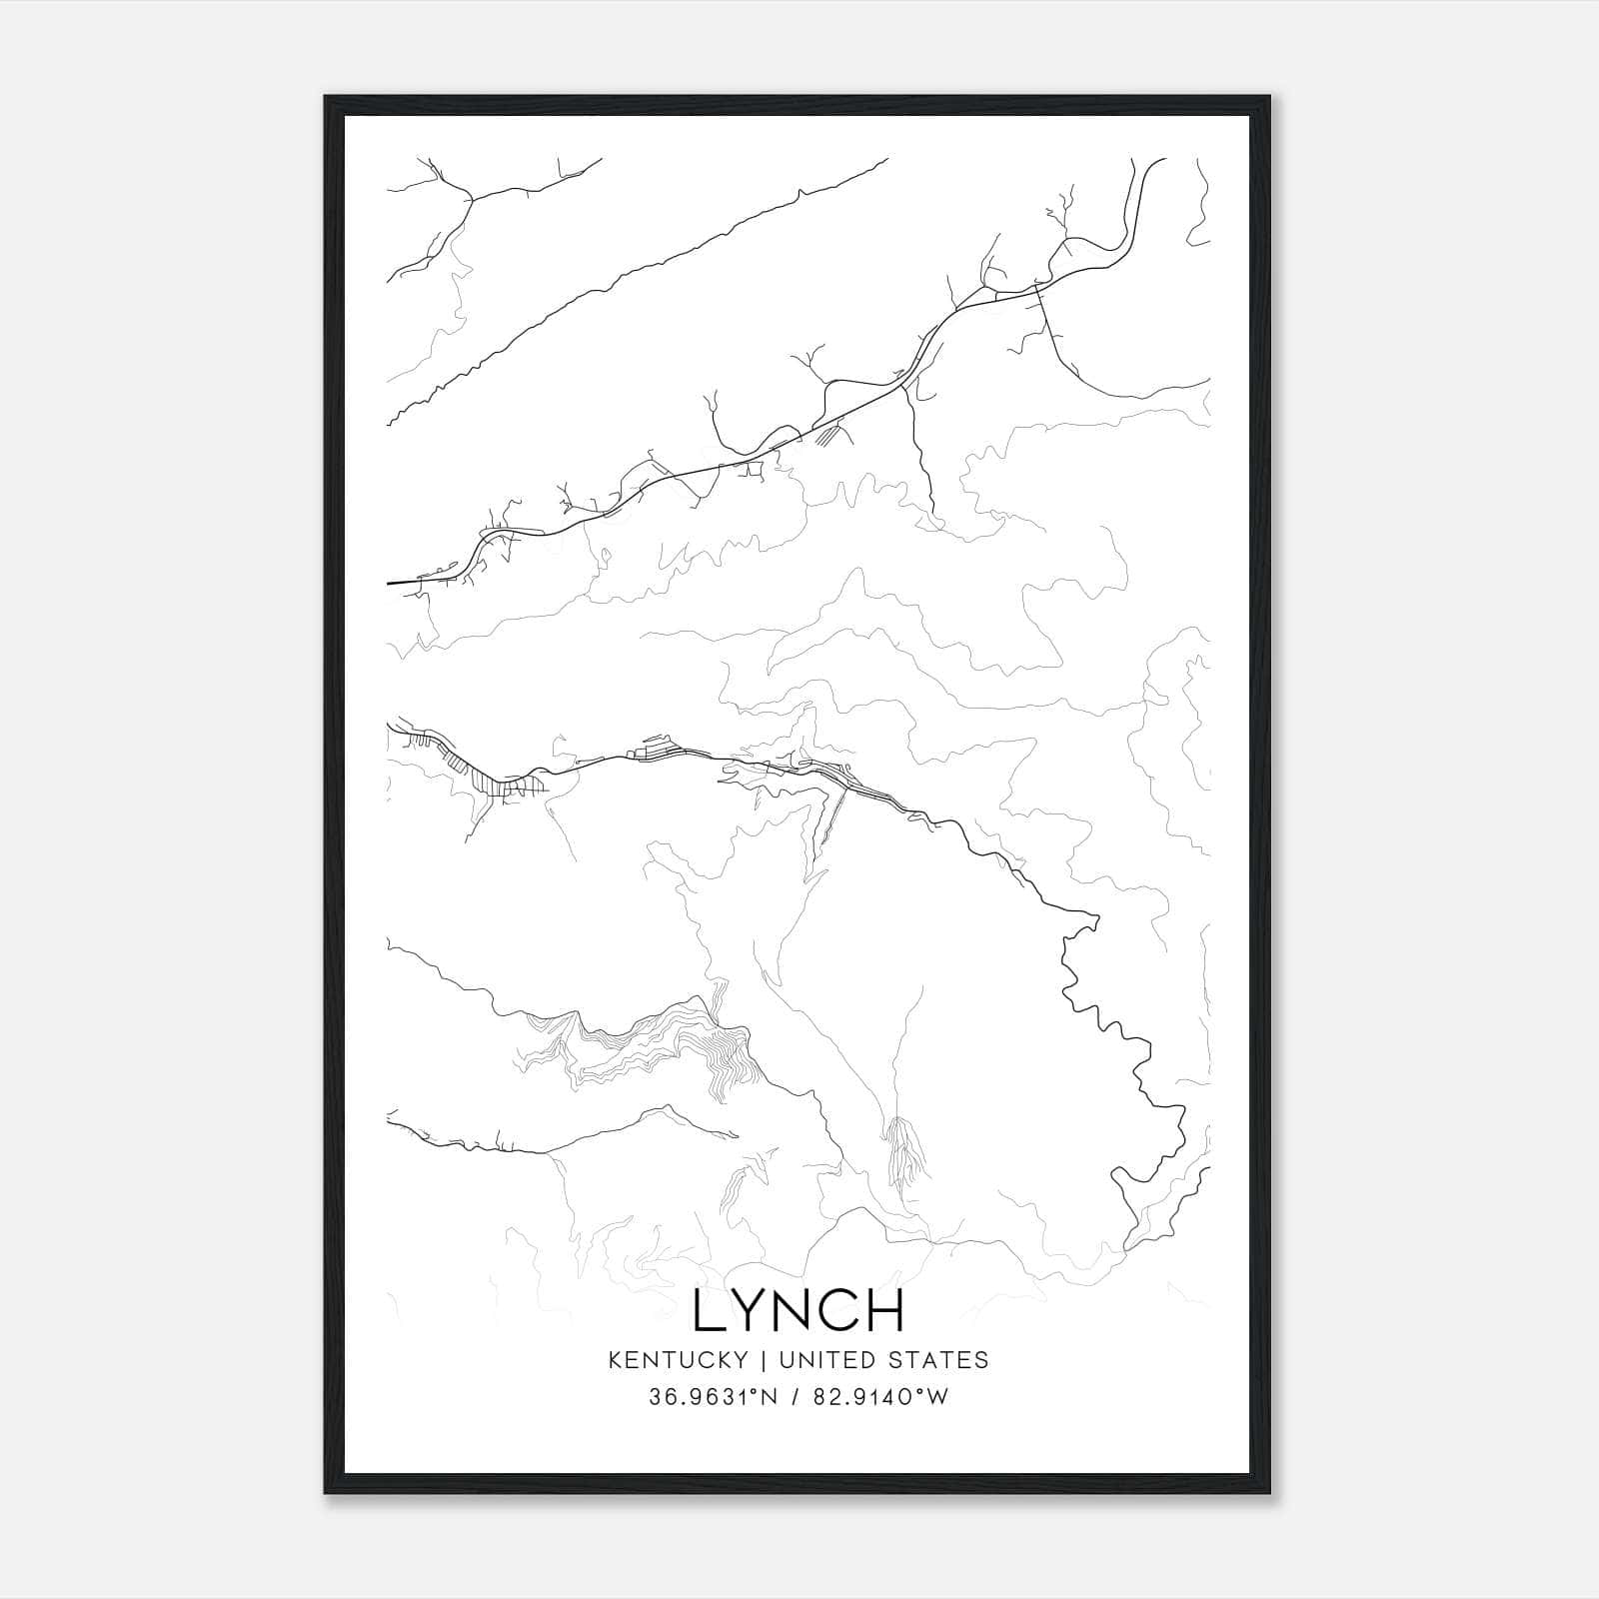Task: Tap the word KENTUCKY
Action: click(678, 1359)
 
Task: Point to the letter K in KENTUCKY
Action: click(615, 1359)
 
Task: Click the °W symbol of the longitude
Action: click(934, 1397)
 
